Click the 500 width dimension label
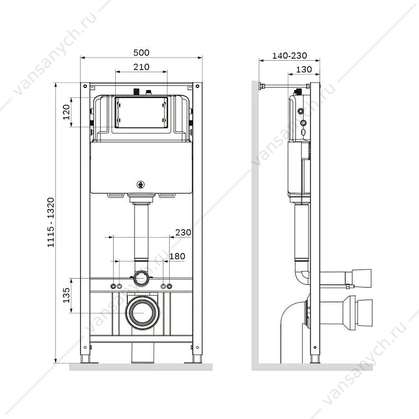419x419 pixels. [141, 53]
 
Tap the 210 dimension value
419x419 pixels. [141, 67]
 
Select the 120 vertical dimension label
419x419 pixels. [66, 112]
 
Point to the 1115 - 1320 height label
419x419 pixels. [51, 222]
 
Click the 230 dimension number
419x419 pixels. [183, 233]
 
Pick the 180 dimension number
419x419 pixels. [177, 256]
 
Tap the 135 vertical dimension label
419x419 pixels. [67, 295]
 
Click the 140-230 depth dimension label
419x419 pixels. [290, 56]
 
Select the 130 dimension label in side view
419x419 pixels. [304, 70]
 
